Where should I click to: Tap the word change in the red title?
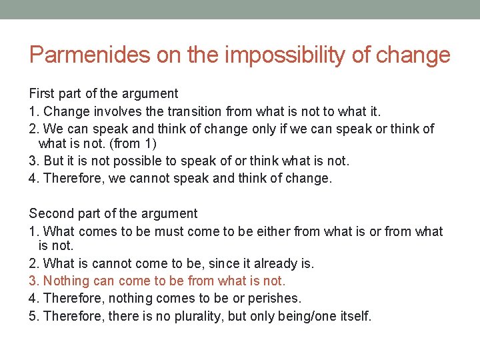pos(413,55)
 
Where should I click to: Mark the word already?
pos(276,264)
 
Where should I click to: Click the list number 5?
pos(33,316)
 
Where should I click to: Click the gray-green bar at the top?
pos(240,9)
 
